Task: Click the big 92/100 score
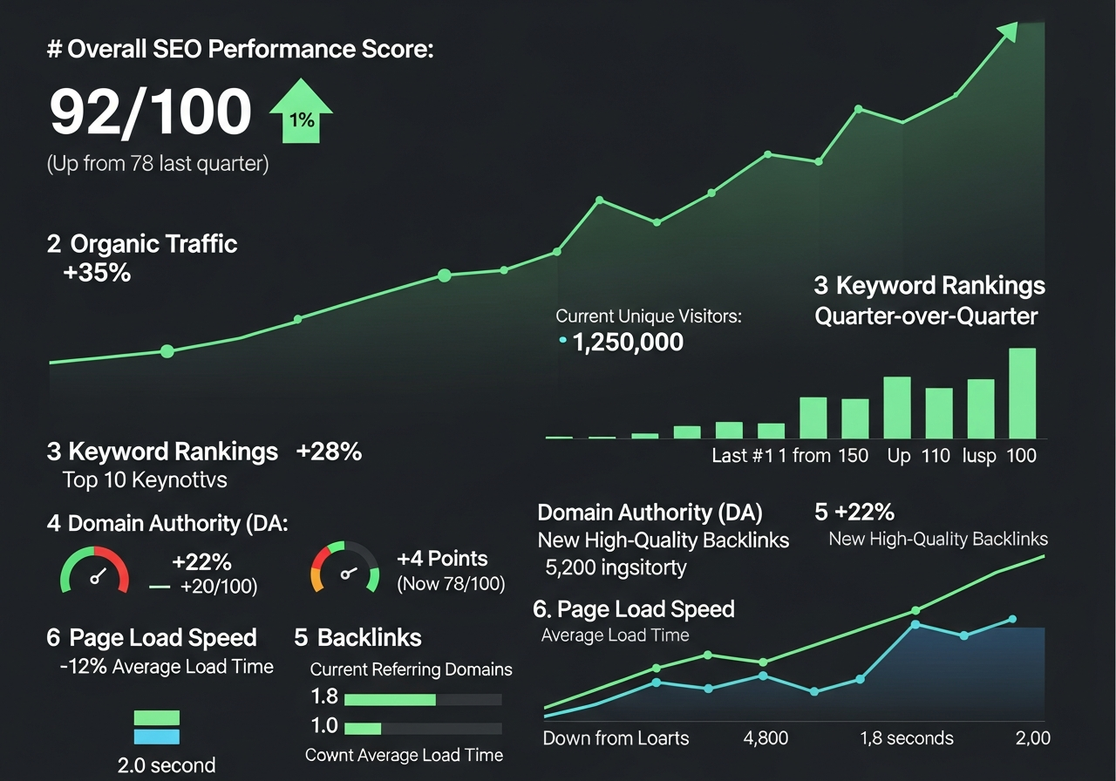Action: [x=150, y=112]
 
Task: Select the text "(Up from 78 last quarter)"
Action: [x=157, y=163]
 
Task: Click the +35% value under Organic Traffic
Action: [x=97, y=273]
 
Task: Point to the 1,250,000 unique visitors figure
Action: [x=628, y=343]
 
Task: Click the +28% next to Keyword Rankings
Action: [x=329, y=452]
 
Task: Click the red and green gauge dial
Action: [x=94, y=570]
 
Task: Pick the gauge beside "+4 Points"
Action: [x=345, y=567]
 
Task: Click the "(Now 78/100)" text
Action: [x=451, y=584]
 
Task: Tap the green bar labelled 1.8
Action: [x=390, y=699]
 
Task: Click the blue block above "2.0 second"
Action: [x=157, y=737]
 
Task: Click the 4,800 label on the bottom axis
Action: [x=766, y=738]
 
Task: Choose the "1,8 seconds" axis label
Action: [x=906, y=738]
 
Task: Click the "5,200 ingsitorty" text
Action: [x=616, y=568]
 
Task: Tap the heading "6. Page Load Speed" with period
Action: [x=634, y=609]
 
